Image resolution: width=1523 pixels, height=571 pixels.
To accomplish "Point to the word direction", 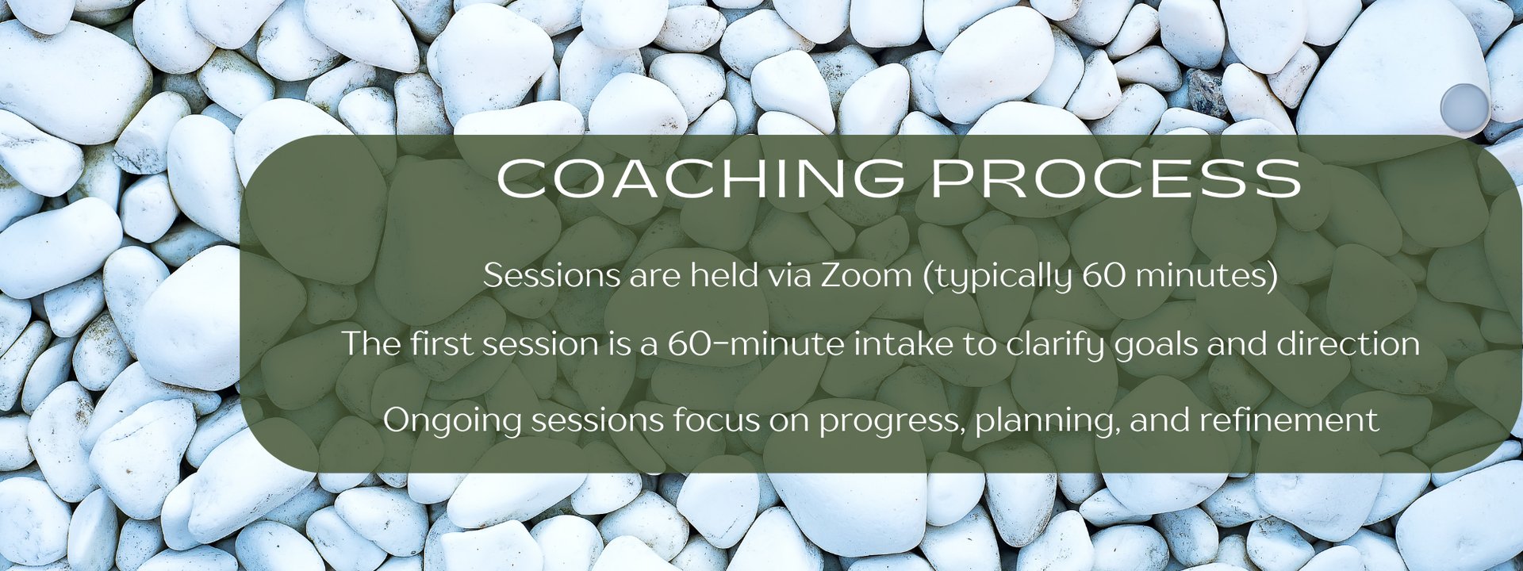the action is tap(1348, 344).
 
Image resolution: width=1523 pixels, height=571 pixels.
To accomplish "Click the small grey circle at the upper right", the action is tap(1464, 107).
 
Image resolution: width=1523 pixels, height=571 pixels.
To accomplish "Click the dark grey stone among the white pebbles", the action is tap(1207, 94).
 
